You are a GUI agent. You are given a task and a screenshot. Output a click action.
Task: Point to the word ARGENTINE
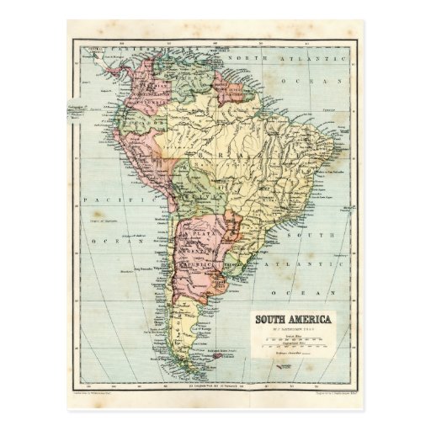click(205, 250)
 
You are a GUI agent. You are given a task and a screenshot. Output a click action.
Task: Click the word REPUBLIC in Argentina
click(205, 262)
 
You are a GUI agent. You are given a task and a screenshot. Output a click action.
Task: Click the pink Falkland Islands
click(221, 357)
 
